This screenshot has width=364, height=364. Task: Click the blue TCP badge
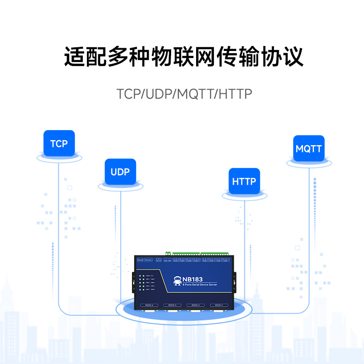pos(59,144)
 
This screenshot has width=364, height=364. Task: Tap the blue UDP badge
pos(120,172)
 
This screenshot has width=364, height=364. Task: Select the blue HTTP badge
pos(244,182)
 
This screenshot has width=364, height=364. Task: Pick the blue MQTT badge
pos(308,149)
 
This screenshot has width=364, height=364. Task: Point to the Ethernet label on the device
pos(148,260)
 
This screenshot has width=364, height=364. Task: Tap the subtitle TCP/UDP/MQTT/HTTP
pos(184,94)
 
